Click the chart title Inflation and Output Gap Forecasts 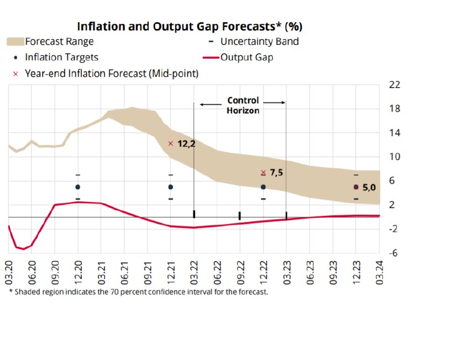[x=190, y=27]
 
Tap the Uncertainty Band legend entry [x=259, y=41]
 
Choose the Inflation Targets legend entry [x=62, y=57]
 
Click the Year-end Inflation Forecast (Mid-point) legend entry [x=112, y=73]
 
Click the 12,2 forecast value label [x=187, y=144]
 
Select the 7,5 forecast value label [x=276, y=173]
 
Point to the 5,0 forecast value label [x=369, y=188]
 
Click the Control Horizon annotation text [x=243, y=106]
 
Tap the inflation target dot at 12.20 [x=78, y=187]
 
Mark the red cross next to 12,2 [x=171, y=144]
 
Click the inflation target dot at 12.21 [x=171, y=187]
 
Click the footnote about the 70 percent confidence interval [x=138, y=291]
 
